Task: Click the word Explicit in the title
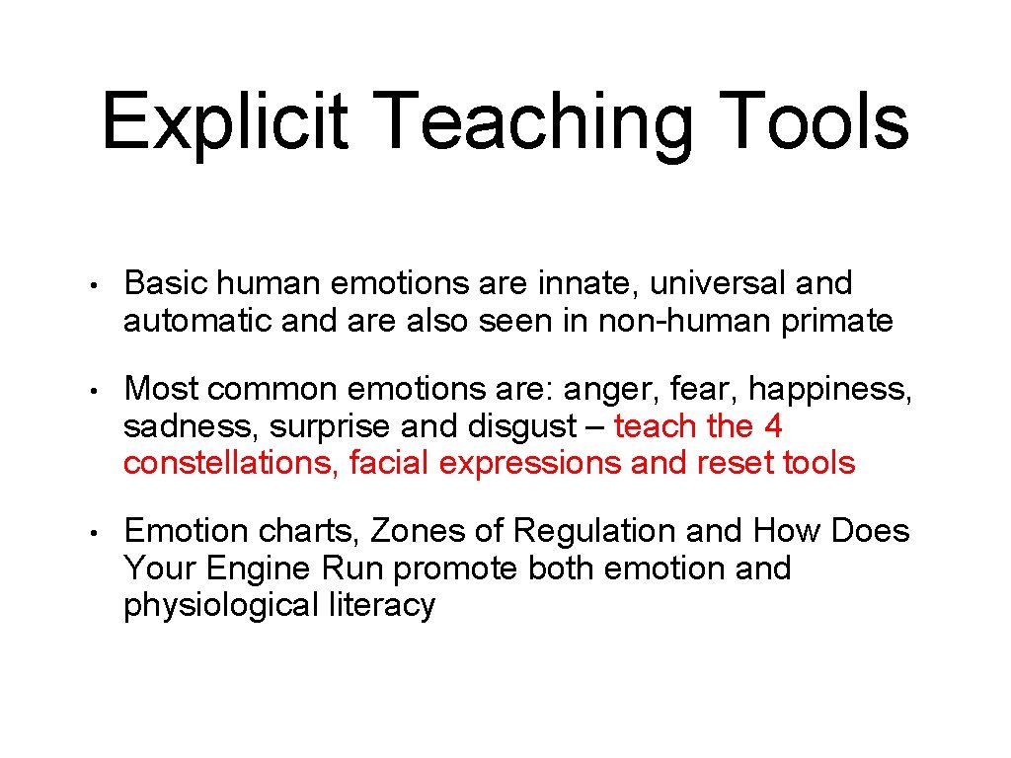[224, 120]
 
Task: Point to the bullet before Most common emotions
[89, 392]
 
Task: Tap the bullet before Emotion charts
[89, 534]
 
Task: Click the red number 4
[772, 426]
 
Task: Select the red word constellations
[233, 463]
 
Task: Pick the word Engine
[260, 568]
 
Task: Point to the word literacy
[381, 605]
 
